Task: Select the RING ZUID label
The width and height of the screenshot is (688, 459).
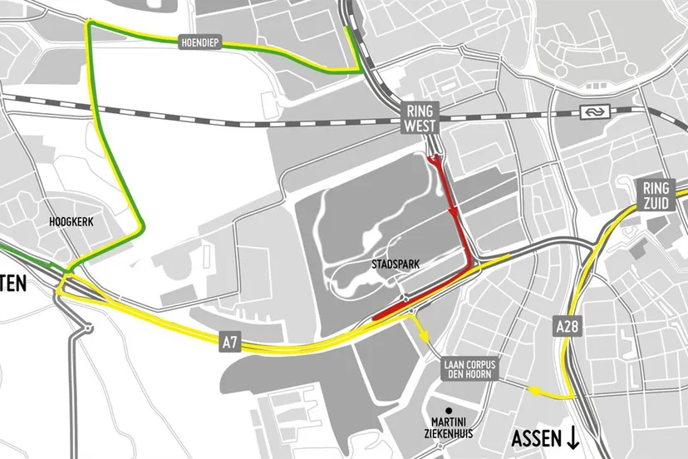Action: pos(657,197)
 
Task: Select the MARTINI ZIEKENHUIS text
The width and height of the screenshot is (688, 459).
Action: pos(447,430)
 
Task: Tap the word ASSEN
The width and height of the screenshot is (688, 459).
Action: pos(535,439)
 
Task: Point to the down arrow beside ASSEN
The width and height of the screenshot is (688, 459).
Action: pos(574,439)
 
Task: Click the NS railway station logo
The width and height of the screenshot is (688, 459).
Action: pos(599,111)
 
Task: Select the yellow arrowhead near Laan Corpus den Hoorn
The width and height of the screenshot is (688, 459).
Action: pos(426,338)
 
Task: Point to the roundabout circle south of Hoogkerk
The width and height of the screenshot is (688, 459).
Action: pos(86,328)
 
